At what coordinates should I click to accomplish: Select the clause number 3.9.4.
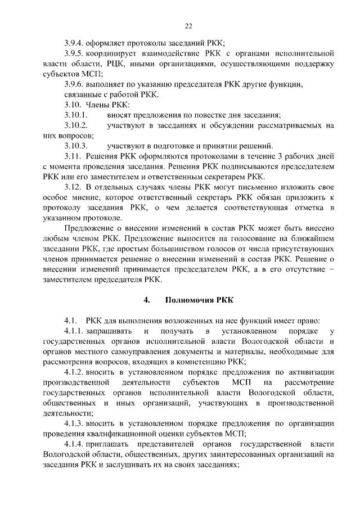click(74, 43)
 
